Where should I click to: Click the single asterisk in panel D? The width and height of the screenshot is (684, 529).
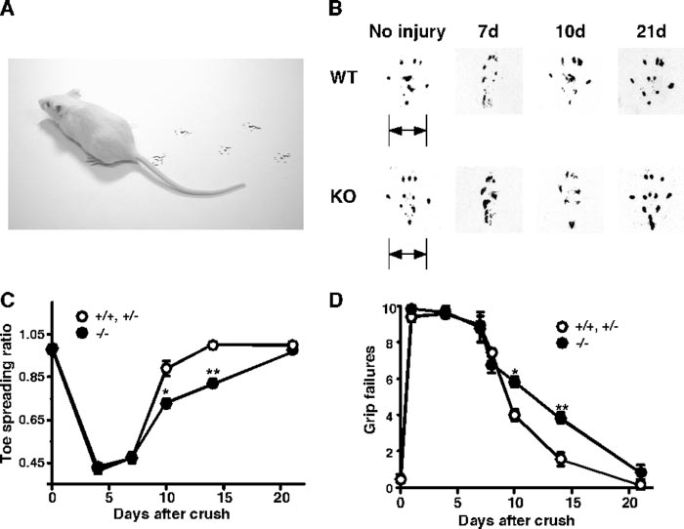click(x=515, y=372)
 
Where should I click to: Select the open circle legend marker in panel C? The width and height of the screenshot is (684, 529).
click(x=84, y=318)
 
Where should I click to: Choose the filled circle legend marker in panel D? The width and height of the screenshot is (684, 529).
click(x=561, y=345)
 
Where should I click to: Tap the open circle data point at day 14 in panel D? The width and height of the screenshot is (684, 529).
click(x=561, y=458)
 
